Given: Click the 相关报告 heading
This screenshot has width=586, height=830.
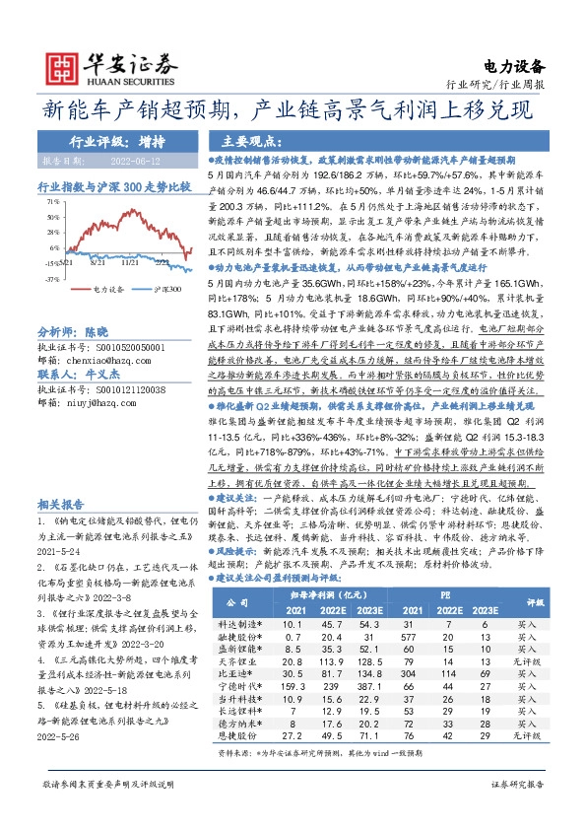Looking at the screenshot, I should [59, 502].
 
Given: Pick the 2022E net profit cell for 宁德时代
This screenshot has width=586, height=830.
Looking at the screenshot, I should [330, 657].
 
